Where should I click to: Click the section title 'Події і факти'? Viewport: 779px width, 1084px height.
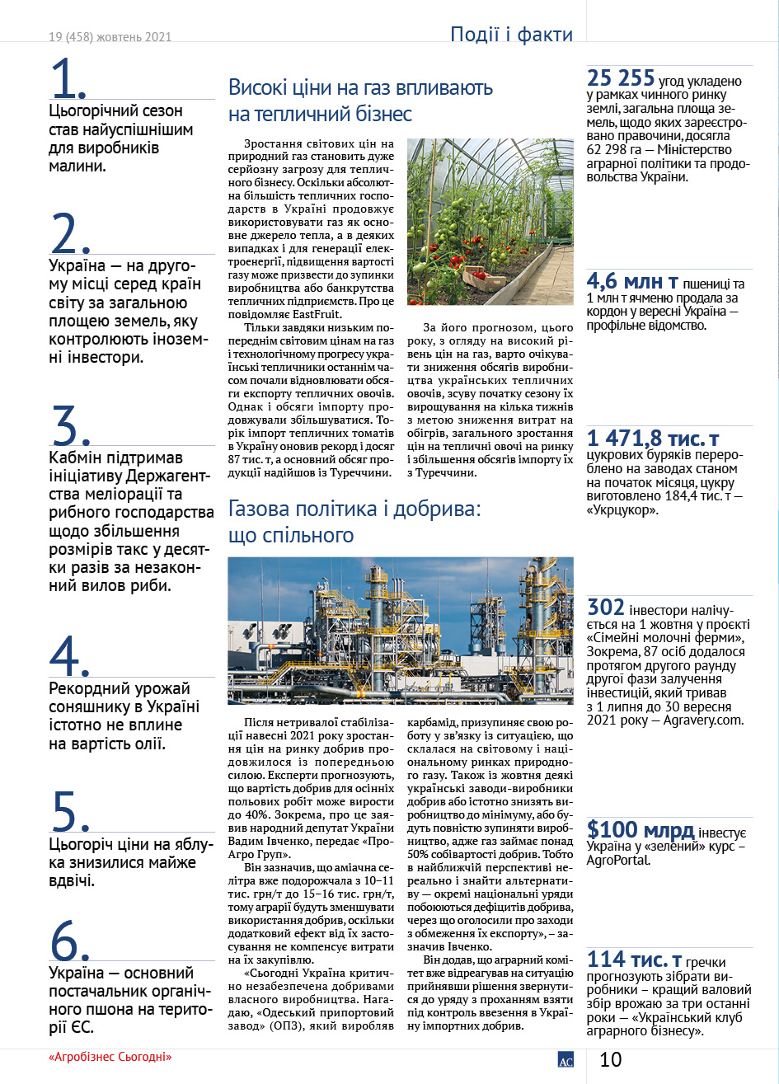(511, 34)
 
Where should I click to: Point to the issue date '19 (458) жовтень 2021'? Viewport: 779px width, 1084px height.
(110, 38)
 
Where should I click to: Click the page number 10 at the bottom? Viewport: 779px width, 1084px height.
(611, 1059)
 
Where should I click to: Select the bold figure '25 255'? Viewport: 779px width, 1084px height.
(621, 78)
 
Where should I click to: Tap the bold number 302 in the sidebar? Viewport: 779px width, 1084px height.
(606, 608)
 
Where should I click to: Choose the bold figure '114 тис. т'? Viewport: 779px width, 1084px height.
(635, 960)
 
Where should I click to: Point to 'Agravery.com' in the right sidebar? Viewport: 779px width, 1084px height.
(705, 720)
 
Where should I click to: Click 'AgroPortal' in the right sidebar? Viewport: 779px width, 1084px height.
(618, 860)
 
